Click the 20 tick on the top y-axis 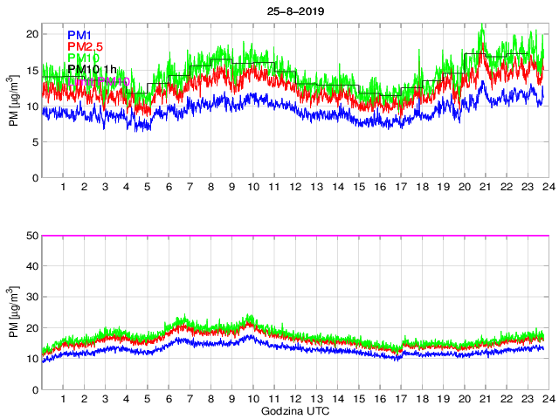point(34,34)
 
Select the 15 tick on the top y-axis point(34,70)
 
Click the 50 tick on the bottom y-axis point(34,236)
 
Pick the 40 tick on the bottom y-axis point(34,266)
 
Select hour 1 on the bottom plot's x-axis point(64,399)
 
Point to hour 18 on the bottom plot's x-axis point(422,399)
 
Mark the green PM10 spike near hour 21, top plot point(482,28)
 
